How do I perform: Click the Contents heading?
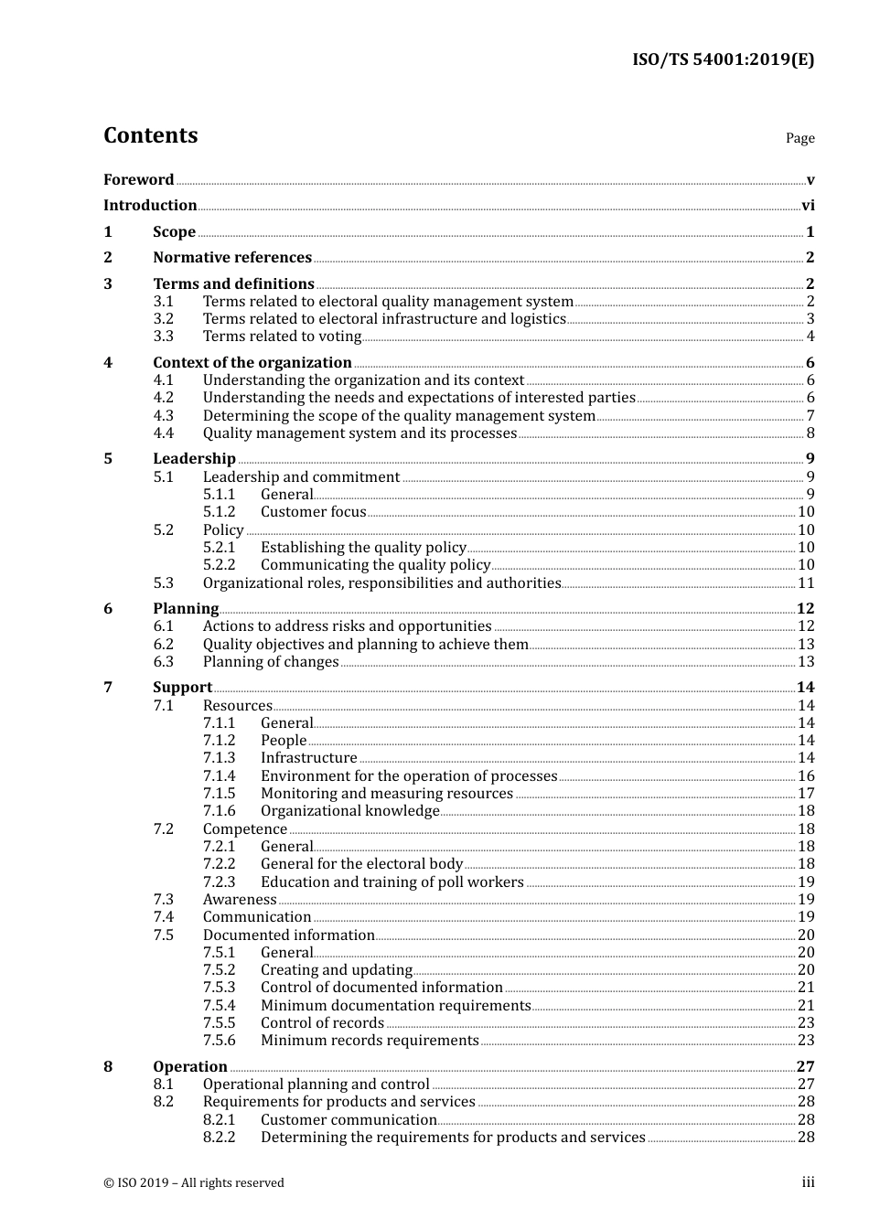click(x=150, y=135)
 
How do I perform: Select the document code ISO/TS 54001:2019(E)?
click(x=723, y=60)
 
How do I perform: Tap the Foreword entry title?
click(x=138, y=180)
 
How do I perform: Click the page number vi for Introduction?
click(x=808, y=206)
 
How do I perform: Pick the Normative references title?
click(x=232, y=258)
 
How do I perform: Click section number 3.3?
click(x=163, y=337)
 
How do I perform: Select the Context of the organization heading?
click(x=252, y=363)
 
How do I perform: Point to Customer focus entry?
click(x=313, y=512)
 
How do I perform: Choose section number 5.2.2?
click(x=219, y=565)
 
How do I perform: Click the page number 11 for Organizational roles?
click(x=806, y=583)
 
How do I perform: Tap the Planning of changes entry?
click(x=271, y=662)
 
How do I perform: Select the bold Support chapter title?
click(x=182, y=688)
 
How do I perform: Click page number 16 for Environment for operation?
click(x=806, y=776)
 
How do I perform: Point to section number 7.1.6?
click(x=219, y=811)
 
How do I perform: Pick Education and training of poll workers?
click(x=392, y=882)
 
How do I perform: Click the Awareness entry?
click(x=240, y=900)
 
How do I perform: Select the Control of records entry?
click(x=322, y=1023)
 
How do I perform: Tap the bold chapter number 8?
click(x=108, y=1067)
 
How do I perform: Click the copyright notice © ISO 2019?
click(x=194, y=1183)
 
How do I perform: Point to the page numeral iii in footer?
click(x=808, y=1182)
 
